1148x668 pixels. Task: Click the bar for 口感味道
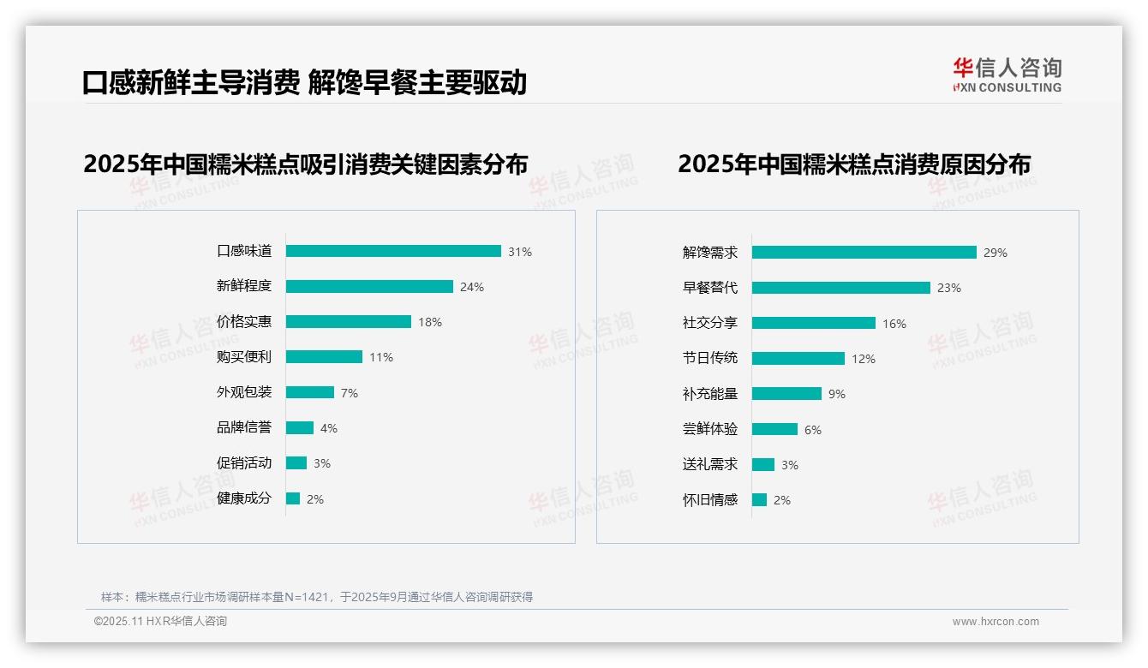point(393,251)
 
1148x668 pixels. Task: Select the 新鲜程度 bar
point(369,287)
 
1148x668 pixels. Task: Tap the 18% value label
point(430,322)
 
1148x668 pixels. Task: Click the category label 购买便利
point(243,357)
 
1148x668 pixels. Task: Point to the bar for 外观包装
point(309,392)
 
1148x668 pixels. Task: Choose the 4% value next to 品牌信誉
point(329,428)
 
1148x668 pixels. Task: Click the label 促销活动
point(243,463)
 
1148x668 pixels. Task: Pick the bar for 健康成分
point(293,498)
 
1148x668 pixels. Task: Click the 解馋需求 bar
point(864,253)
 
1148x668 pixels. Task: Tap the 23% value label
point(949,288)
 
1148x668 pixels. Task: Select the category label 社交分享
point(709,323)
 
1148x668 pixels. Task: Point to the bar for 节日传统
point(798,359)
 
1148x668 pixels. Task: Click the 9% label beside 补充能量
point(837,394)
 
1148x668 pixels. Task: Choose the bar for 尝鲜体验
point(774,429)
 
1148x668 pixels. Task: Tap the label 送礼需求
point(709,464)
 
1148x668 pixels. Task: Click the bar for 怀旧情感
point(759,499)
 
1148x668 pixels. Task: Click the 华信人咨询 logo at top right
point(1007,75)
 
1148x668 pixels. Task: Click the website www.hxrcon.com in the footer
point(996,622)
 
